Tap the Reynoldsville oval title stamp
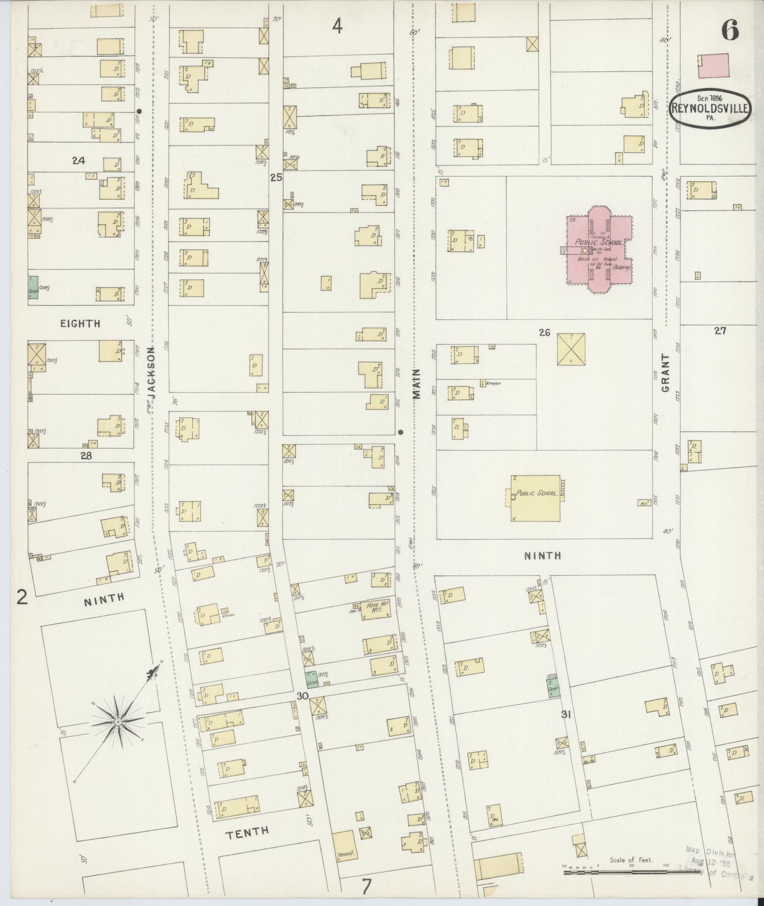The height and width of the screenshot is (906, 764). (710, 109)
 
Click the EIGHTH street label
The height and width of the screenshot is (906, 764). (80, 323)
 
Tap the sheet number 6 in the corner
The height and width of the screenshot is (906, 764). (730, 31)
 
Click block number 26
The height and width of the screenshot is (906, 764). (544, 332)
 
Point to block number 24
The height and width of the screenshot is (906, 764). (78, 161)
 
